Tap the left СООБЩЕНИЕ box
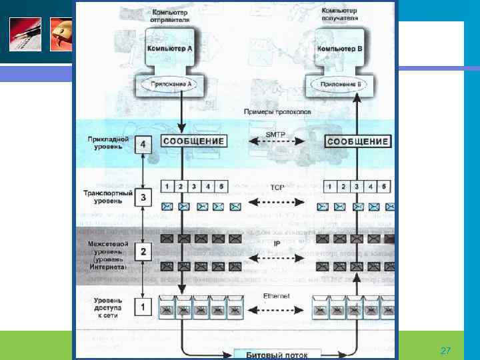pyautogui.click(x=193, y=141)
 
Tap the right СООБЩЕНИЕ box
pyautogui.click(x=358, y=141)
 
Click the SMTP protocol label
pyautogui.click(x=275, y=135)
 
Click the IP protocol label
pyautogui.click(x=276, y=243)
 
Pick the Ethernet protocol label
pyautogui.click(x=275, y=295)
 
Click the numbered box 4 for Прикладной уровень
pyautogui.click(x=142, y=145)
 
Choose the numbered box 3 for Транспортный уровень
pyautogui.click(x=142, y=197)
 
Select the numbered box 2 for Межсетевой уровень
pyautogui.click(x=142, y=252)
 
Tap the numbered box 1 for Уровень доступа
pyautogui.click(x=142, y=307)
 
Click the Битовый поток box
pyautogui.click(x=276, y=353)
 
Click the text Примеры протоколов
pyautogui.click(x=274, y=113)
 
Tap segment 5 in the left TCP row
pyautogui.click(x=223, y=186)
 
